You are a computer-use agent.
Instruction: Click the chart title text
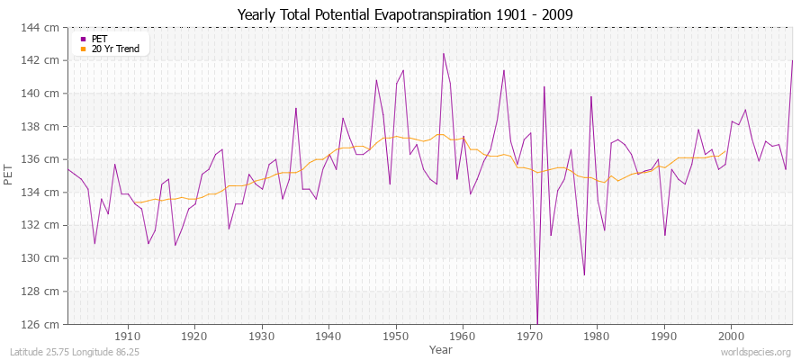(404, 14)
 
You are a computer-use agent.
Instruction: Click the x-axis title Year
(441, 348)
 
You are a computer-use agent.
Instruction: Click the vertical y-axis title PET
(10, 176)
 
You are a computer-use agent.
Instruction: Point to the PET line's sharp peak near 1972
(544, 86)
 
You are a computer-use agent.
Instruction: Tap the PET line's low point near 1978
(584, 274)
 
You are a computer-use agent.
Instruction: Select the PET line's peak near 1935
(296, 108)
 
